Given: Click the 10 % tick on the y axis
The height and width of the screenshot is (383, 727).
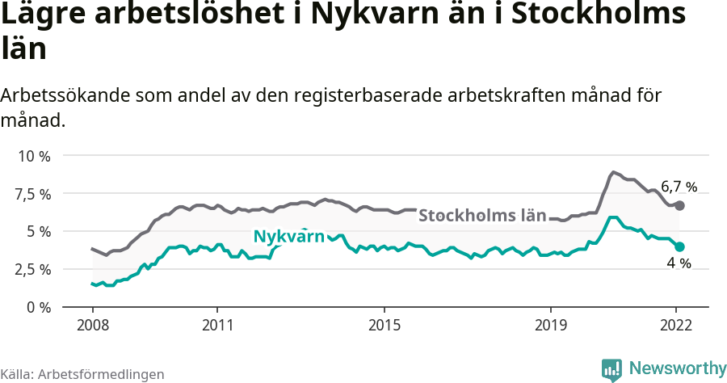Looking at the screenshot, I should pos(33,156).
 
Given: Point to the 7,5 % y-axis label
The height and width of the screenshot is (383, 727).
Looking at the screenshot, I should pos(33,194).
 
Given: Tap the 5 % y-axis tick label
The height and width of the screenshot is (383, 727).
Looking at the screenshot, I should pos(39,232).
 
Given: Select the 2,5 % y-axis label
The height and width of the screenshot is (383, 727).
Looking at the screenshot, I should pos(33,269).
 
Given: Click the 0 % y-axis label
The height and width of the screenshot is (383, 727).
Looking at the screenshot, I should pos(39,307).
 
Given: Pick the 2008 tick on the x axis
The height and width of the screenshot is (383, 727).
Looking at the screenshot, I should pos(92,326).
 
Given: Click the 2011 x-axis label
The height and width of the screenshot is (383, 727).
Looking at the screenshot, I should pos(217,326).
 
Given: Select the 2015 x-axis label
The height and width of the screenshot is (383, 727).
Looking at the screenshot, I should pos(385,326).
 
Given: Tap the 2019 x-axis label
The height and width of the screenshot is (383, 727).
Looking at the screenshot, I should pos(552,326).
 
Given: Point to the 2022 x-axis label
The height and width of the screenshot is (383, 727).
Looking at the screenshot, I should pos(677,326).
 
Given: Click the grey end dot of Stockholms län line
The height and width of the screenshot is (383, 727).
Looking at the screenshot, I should pos(680,206).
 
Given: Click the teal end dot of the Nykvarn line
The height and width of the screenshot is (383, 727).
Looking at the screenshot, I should pos(680,246).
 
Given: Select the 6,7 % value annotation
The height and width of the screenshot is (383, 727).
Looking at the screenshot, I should pos(679,187).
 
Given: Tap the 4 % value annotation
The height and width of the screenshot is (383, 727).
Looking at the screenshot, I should pos(679,263).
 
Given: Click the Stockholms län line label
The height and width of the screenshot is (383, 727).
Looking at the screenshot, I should pos(482,216).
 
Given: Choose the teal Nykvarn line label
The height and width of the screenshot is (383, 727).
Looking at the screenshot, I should pos(288,237).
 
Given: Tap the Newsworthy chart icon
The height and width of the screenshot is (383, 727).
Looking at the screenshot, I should pos(611,369).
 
